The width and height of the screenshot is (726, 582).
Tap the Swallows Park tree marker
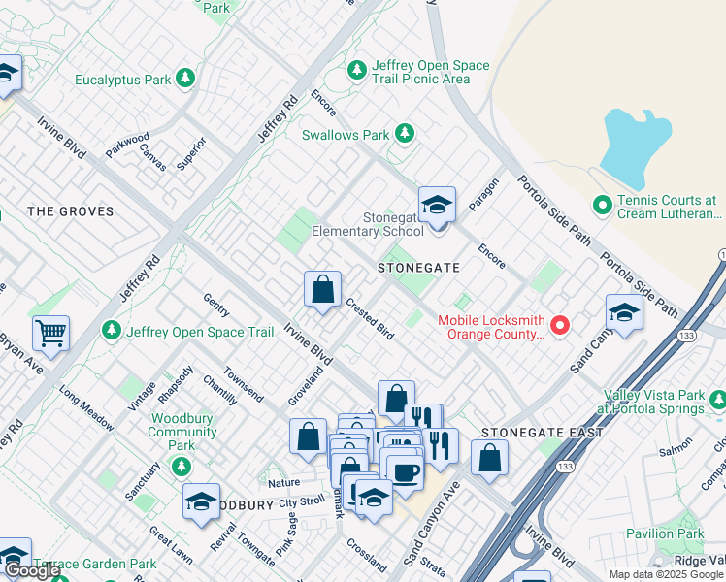(404, 135)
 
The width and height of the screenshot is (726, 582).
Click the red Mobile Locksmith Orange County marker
(560, 326)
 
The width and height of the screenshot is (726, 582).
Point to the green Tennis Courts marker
(603, 206)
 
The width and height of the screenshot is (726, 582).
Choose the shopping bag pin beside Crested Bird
(322, 289)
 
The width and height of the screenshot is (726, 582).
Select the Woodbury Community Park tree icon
(181, 467)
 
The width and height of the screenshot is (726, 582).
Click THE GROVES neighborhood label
(71, 211)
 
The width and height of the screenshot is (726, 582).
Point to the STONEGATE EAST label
(543, 433)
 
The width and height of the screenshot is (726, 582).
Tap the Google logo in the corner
(32, 571)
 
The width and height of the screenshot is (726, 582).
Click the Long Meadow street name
(85, 404)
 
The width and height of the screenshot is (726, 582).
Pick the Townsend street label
(243, 384)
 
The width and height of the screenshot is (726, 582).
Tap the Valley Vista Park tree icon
(717, 399)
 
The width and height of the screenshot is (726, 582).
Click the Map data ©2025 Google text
(666, 574)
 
